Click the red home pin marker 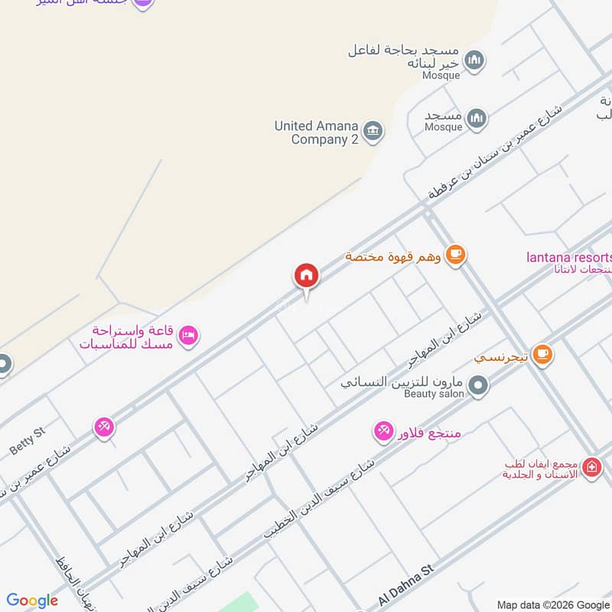point(306,275)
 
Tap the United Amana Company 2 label point(316,132)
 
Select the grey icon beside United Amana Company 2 point(373,132)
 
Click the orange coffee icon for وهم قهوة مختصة point(455,254)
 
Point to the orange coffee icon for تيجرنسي point(542,353)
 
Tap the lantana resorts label point(569,256)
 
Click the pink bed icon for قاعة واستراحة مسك point(188,334)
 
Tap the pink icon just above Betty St point(105,427)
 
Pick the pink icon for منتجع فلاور point(383,431)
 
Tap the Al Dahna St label point(405,586)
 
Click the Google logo point(32,601)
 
